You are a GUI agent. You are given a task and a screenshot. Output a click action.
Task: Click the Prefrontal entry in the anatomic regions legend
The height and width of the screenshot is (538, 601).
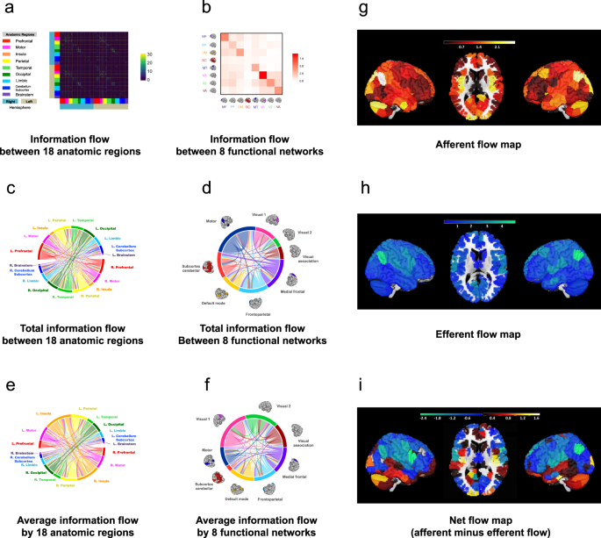25,40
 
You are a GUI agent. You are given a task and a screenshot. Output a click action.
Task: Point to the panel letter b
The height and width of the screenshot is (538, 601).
203,11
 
